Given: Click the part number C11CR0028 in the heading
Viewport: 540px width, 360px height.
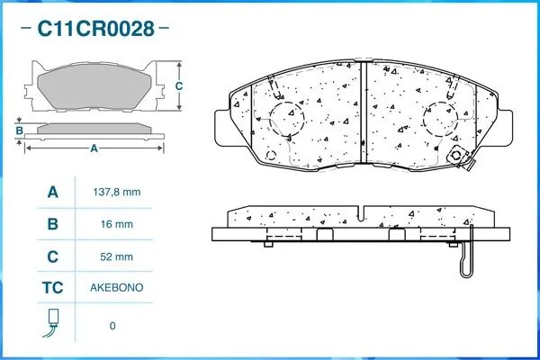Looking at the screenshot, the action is (x=95, y=28).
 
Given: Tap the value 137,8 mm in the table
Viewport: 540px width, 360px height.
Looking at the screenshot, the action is (x=117, y=192).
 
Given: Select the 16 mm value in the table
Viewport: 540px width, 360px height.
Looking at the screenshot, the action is (x=117, y=224).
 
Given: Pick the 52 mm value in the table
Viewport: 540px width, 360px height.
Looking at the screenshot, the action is (x=117, y=256).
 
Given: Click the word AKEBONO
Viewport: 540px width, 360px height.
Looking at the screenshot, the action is (x=117, y=288).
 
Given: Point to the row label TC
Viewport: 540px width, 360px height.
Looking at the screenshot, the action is (x=53, y=288).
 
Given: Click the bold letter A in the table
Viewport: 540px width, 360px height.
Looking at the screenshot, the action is (x=53, y=192).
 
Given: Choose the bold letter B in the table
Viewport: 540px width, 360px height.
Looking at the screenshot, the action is (x=53, y=224).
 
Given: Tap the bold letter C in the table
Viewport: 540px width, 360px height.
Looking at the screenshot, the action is (x=53, y=256).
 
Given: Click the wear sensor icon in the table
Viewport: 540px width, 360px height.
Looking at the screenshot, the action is (x=52, y=323).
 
